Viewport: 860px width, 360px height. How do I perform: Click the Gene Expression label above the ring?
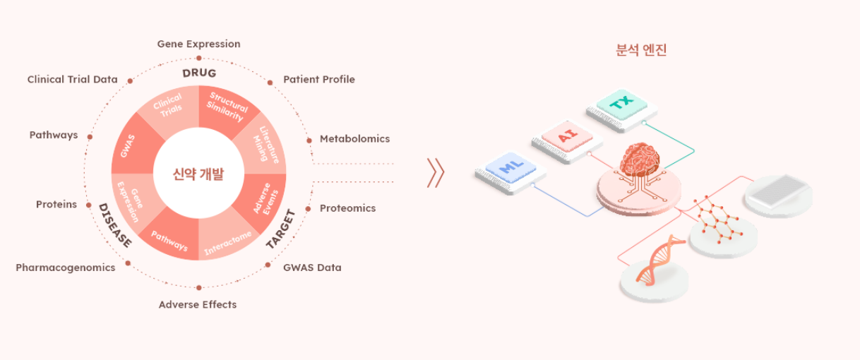pos(198,44)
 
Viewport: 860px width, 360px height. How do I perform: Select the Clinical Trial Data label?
pos(72,79)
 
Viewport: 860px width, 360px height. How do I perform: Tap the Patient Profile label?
pos(319,79)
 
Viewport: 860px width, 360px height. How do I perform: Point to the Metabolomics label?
pos(354,138)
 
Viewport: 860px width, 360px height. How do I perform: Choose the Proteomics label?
pos(347,208)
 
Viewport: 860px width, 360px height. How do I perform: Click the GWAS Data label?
pos(312,268)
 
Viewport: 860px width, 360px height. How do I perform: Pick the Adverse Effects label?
pos(198,304)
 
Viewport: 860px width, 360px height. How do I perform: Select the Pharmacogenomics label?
pos(65,268)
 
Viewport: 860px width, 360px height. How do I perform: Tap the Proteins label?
pos(56,204)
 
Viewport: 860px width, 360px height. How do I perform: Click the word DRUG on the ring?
pos(198,73)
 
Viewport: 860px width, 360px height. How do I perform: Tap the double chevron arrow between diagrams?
pos(436,173)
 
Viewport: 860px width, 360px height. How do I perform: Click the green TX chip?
pos(621,104)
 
